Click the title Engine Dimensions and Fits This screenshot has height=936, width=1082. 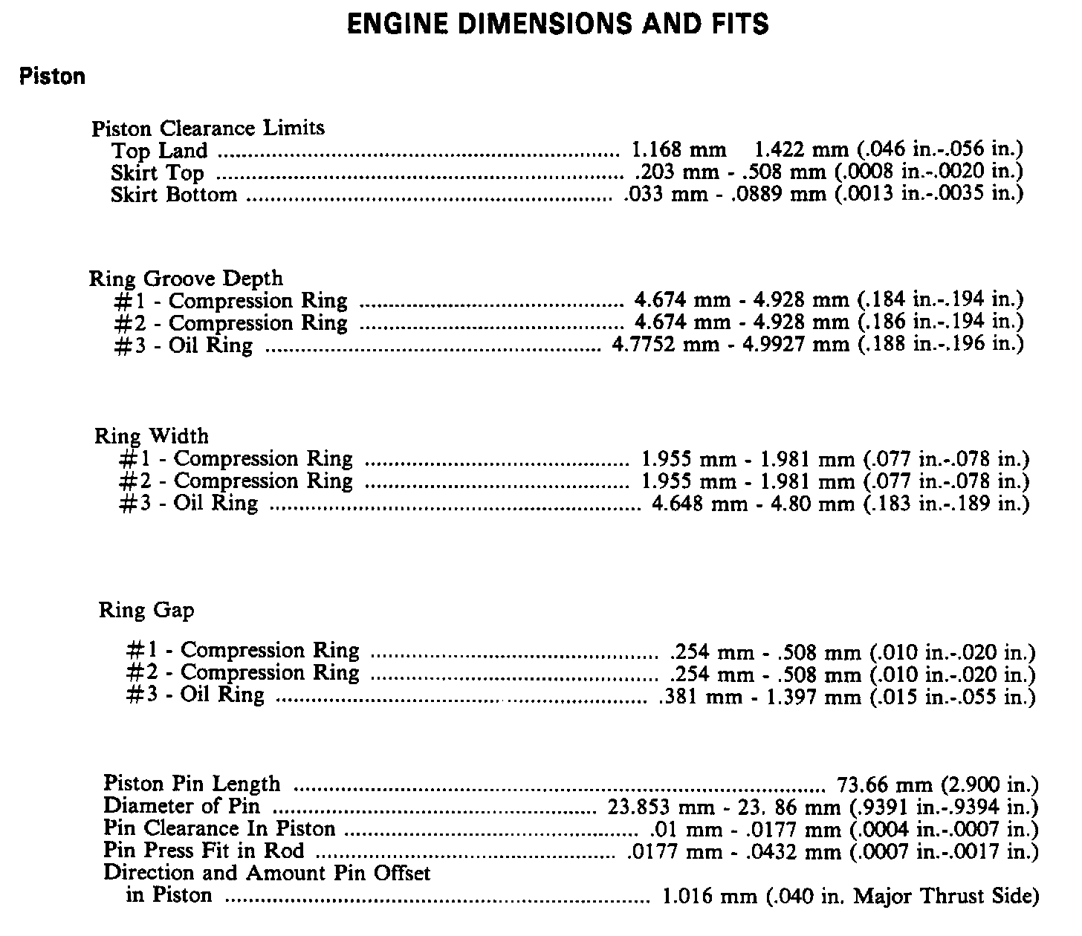558,24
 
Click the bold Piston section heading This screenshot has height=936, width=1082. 53,77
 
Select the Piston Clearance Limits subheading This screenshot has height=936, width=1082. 208,129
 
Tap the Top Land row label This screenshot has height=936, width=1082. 159,151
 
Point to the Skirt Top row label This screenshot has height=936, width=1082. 157,173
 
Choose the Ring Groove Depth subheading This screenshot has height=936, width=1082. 186,279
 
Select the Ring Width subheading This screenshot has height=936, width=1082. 152,436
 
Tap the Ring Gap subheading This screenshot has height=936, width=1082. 146,611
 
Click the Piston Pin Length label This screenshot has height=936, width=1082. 192,784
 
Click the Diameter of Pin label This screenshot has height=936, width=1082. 181,806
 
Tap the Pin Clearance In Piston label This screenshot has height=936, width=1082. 219,828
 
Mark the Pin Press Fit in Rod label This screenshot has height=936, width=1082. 204,851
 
